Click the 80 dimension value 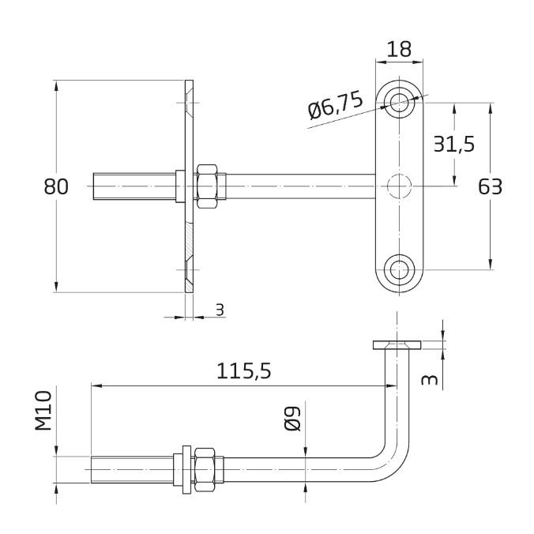pos(56,187)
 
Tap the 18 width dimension pos(399,49)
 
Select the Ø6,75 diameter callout pos(335,106)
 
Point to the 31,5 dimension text pos(454,144)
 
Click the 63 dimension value pos(490,187)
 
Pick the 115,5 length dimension pos(244,370)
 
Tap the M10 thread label pos(43,411)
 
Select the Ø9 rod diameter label pos(292,419)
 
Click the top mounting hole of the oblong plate pos(400,102)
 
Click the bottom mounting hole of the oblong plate pos(400,269)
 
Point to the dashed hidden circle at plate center pos(400,186)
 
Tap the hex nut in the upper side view pos(207,186)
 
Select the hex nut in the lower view pos(205,470)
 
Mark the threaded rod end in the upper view pos(134,186)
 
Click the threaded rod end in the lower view pos(132,470)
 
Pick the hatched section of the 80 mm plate pos(190,239)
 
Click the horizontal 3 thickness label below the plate pos(220,310)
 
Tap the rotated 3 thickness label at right pos(430,380)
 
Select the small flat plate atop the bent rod pos(397,345)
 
